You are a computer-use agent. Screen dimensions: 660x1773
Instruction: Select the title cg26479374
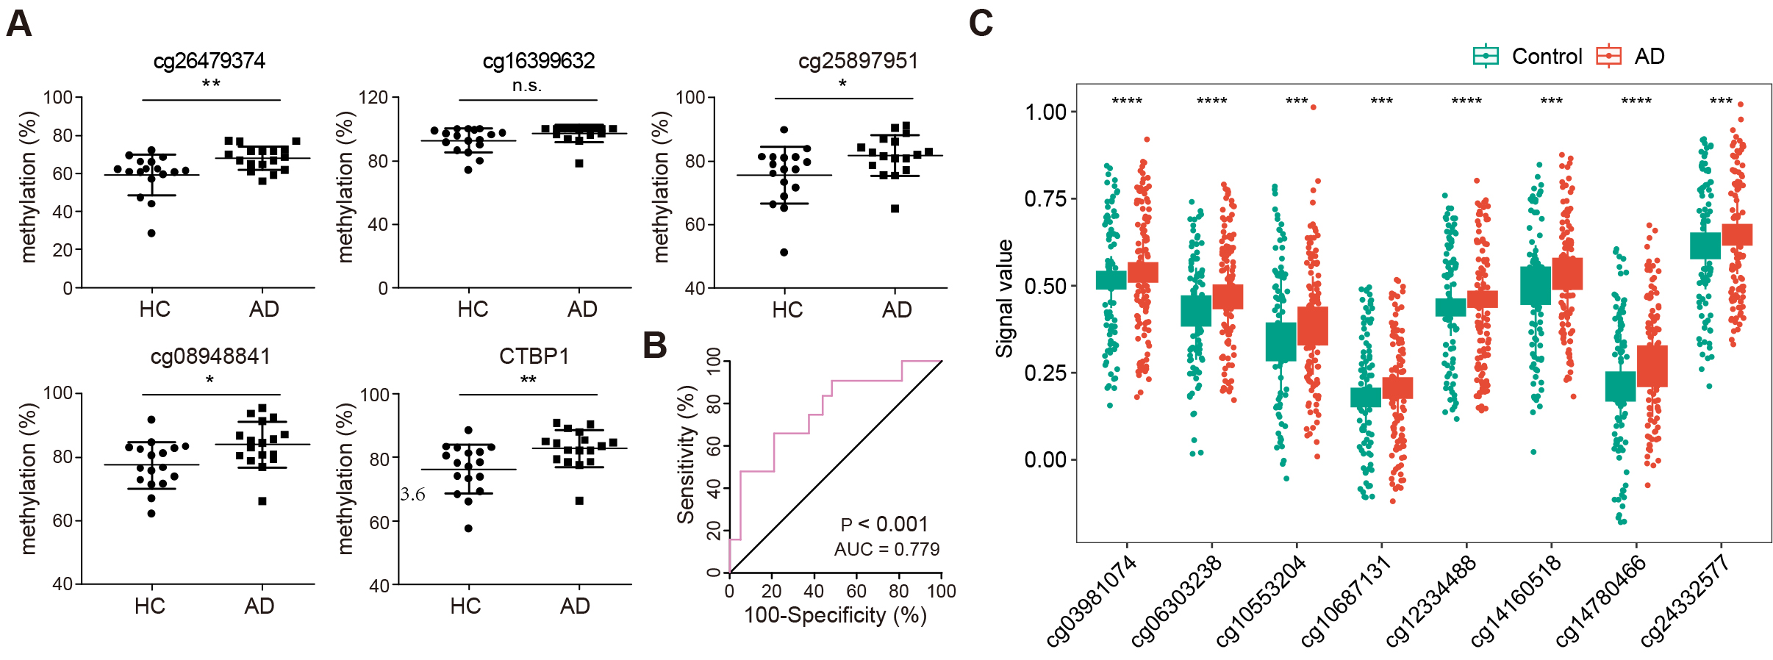coord(209,60)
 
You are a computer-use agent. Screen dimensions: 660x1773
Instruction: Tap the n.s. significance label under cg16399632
coord(527,86)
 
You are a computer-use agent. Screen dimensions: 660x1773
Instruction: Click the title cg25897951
coord(858,60)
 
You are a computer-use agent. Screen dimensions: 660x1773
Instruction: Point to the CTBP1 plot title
coord(534,356)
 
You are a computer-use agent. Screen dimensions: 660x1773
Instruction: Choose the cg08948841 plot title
coord(210,356)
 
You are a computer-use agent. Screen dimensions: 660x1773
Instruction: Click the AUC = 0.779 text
coord(886,549)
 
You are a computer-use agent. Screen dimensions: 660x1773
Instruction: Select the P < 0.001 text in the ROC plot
coord(884,524)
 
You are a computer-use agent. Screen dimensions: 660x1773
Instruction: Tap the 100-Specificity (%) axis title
coord(835,615)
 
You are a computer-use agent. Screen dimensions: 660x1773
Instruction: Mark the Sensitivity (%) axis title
coord(686,454)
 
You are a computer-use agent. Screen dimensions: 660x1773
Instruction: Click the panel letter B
coord(655,345)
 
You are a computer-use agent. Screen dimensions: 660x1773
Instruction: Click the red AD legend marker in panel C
coord(1609,57)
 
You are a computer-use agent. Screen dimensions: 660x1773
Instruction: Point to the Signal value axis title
coord(1004,298)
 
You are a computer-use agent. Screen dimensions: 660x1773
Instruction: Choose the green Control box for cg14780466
coord(1620,386)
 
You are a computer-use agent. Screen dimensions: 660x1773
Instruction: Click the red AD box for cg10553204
coord(1313,326)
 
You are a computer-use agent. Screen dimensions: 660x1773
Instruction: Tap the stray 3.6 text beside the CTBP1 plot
coord(412,495)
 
